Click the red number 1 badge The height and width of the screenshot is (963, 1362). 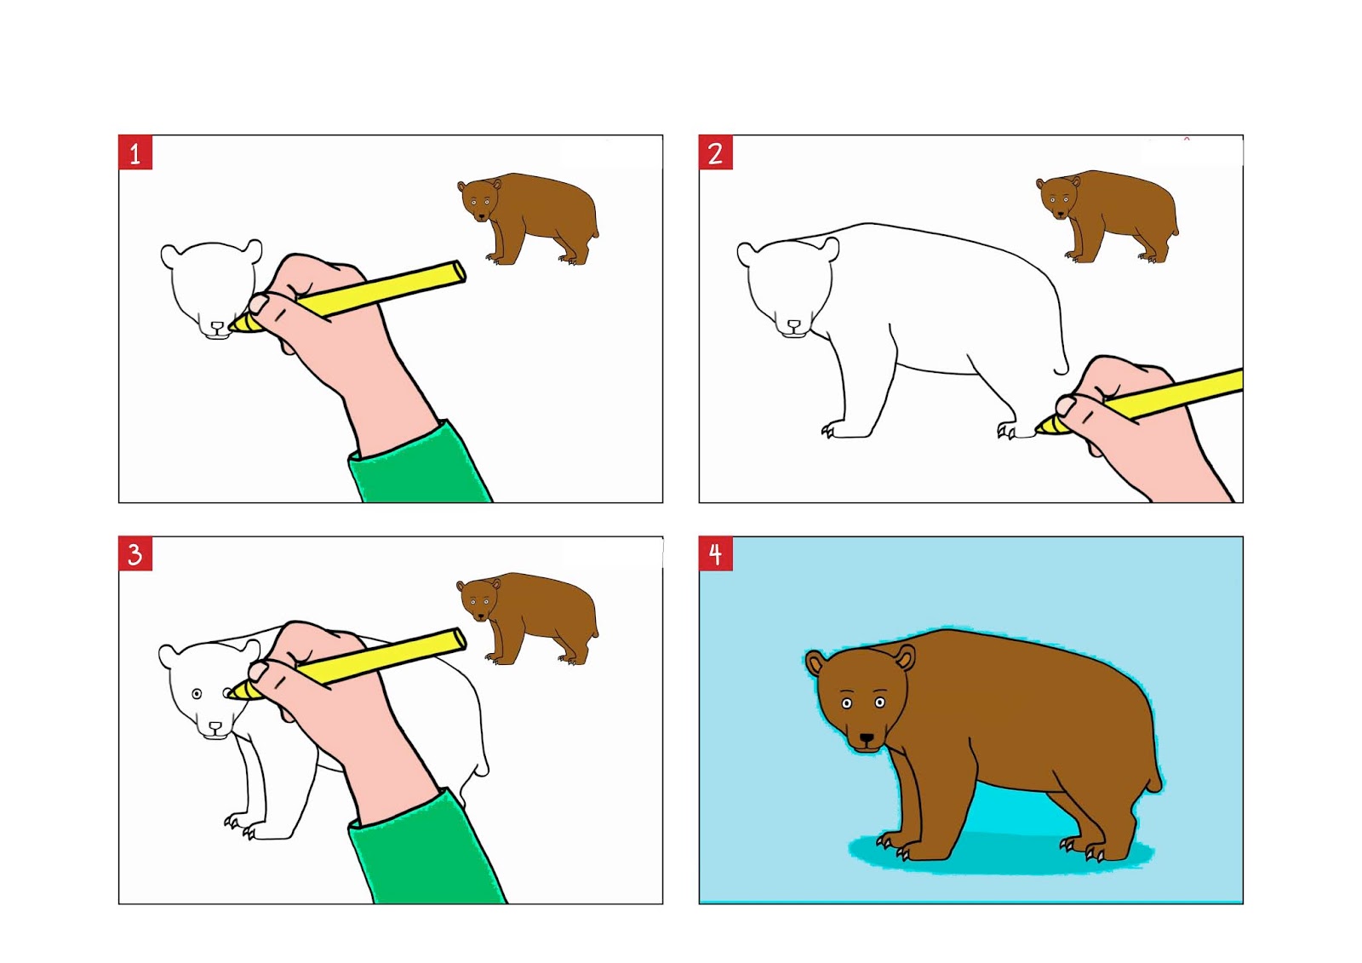click(135, 152)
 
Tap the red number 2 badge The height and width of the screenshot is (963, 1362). click(716, 152)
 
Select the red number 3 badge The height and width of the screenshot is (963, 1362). click(135, 553)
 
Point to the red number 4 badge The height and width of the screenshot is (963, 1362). click(716, 553)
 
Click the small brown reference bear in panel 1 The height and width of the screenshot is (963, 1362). click(528, 219)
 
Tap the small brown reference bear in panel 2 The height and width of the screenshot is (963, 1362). click(1107, 216)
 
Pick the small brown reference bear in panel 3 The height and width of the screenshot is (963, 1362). click(528, 618)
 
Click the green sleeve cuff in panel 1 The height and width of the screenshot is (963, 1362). click(420, 466)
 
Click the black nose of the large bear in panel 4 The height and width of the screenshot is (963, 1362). click(867, 739)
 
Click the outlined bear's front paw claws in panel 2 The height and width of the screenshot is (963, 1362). click(828, 431)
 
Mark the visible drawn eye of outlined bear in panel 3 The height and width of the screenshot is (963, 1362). click(197, 693)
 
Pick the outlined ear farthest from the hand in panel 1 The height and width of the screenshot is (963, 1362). click(170, 255)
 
